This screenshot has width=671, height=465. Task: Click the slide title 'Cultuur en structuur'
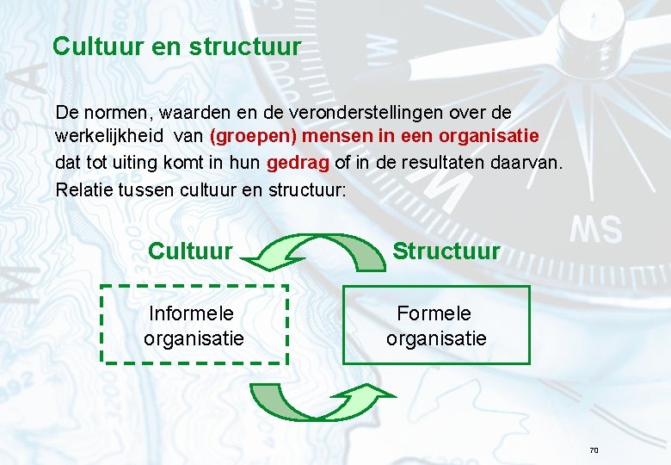click(176, 46)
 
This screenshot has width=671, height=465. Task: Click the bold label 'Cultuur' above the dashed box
click(190, 251)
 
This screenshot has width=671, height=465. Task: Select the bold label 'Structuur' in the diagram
click(446, 251)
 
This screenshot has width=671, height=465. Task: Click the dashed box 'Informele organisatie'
click(194, 325)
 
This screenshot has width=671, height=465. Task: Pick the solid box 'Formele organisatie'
click(436, 325)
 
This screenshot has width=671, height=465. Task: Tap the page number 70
click(593, 450)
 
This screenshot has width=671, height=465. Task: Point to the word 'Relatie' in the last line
click(82, 188)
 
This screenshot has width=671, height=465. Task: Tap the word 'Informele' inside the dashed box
click(192, 313)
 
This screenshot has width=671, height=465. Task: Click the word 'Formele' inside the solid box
click(434, 313)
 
